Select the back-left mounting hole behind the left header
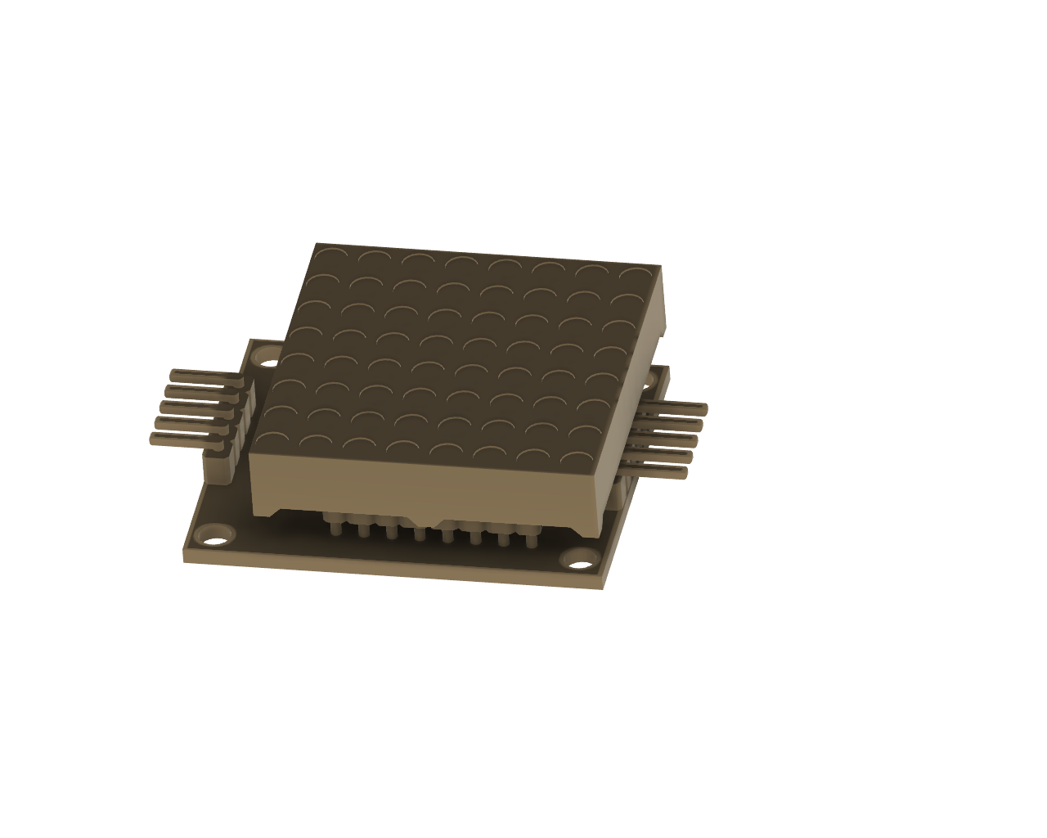tap(268, 358)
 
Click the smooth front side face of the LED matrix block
tap(425, 487)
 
